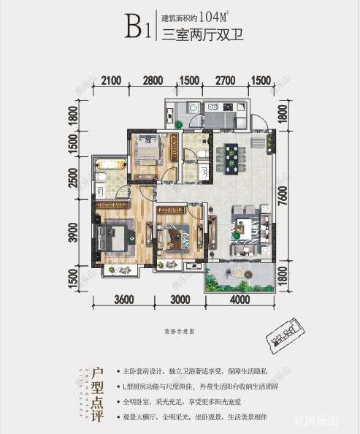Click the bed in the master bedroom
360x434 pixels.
coord(115,236)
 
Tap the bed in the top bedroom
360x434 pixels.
coord(148,151)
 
